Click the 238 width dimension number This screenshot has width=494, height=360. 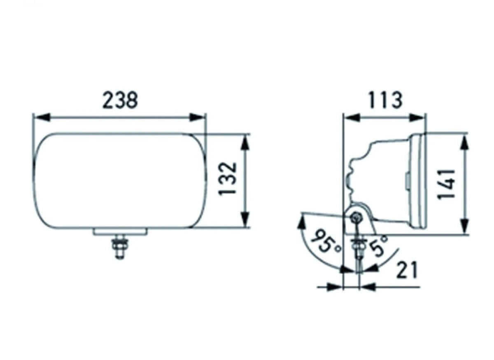(x=120, y=101)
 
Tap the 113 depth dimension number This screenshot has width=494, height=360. (x=384, y=101)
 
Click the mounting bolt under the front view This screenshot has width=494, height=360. (x=120, y=247)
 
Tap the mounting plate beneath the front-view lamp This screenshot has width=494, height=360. (x=120, y=231)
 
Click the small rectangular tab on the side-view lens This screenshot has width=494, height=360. (x=407, y=180)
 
